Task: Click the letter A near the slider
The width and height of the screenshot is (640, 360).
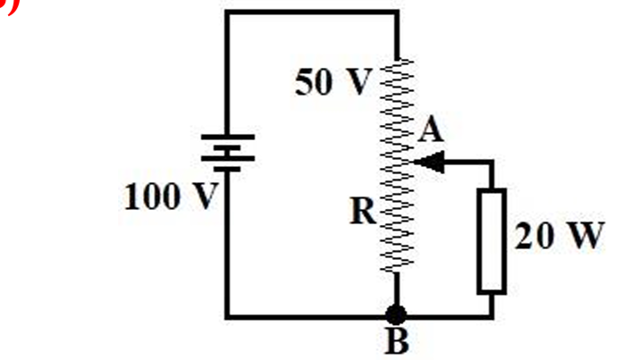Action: pos(431,132)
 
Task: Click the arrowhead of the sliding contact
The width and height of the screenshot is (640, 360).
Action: pos(429,163)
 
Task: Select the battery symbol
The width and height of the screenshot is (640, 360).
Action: pos(228,152)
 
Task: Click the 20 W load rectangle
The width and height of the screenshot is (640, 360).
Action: pos(491,239)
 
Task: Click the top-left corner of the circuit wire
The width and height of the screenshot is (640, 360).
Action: pos(228,13)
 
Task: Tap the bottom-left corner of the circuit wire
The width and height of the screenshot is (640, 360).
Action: pos(228,315)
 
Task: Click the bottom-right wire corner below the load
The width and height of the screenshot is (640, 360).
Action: pos(491,315)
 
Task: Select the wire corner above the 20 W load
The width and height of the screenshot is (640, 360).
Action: pos(491,163)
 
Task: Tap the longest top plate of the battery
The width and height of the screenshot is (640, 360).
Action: pos(228,138)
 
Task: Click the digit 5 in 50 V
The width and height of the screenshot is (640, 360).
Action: pos(304,82)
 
